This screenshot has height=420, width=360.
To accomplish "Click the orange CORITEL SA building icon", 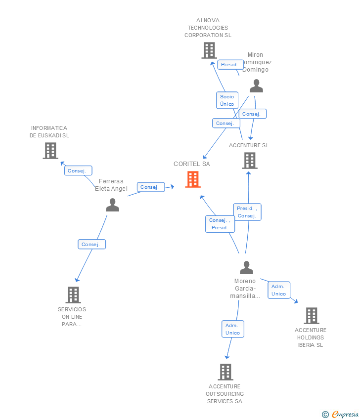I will click(x=193, y=179).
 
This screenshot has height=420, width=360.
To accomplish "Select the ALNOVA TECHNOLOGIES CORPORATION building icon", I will click(x=209, y=50).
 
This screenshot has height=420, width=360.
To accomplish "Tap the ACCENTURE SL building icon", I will click(x=250, y=161).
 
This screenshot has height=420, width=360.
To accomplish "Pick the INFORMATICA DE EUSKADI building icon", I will click(x=50, y=151).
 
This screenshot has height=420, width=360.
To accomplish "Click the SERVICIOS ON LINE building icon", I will click(x=73, y=295).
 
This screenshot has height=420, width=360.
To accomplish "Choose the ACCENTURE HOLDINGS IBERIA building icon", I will click(x=311, y=316).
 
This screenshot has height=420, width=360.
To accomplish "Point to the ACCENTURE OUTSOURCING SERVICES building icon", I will click(x=225, y=372).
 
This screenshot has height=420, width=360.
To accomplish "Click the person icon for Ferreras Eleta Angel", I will click(x=113, y=205).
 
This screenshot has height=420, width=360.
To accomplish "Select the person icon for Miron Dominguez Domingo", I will click(x=256, y=86).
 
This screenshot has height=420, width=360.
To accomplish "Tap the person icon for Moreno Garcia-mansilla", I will click(x=246, y=268).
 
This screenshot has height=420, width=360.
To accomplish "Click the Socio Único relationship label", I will click(x=227, y=100).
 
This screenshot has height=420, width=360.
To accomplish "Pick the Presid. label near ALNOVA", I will click(x=229, y=65).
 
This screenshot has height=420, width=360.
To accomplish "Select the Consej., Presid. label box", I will click(x=220, y=224).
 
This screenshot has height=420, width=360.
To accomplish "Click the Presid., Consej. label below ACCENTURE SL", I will click(x=247, y=212).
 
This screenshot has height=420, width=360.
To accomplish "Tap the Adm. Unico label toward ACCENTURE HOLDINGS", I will click(x=278, y=290).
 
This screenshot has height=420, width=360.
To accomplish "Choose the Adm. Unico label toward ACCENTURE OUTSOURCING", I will click(x=232, y=329).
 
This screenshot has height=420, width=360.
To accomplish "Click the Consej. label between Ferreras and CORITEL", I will click(x=150, y=187).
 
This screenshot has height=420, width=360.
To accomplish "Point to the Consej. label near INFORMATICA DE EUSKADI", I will click(x=78, y=170).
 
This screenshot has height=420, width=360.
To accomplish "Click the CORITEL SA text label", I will click(x=192, y=164).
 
